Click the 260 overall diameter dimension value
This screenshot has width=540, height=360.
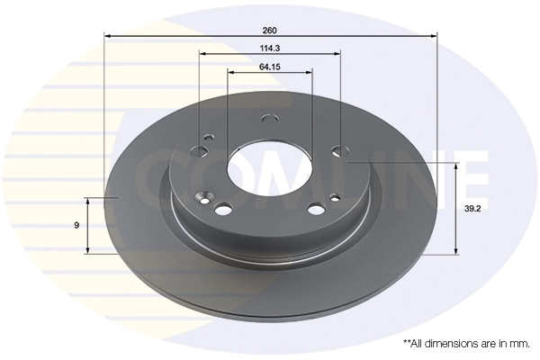pyautogui.click(x=271, y=30)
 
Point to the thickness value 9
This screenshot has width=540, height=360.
pyautogui.click(x=77, y=224)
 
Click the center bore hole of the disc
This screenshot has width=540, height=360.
pyautogui.click(x=269, y=166)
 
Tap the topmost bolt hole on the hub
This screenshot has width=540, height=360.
pyautogui.click(x=268, y=119)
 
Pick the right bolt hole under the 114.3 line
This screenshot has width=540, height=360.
pyautogui.click(x=338, y=150)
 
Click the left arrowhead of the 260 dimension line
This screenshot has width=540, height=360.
pyautogui.click(x=107, y=36)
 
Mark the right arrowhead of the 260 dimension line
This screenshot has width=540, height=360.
pyautogui.click(x=435, y=36)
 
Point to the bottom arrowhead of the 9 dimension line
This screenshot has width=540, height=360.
pyautogui.click(x=87, y=251)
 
